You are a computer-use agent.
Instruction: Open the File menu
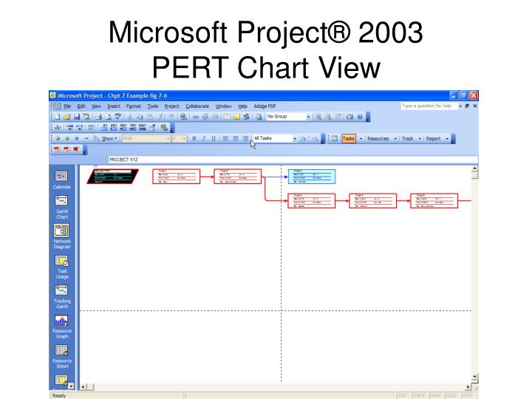click(66, 106)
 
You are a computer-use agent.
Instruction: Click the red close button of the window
click(474, 94)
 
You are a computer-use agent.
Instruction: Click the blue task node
click(311, 174)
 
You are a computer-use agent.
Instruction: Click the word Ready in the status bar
click(58, 396)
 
